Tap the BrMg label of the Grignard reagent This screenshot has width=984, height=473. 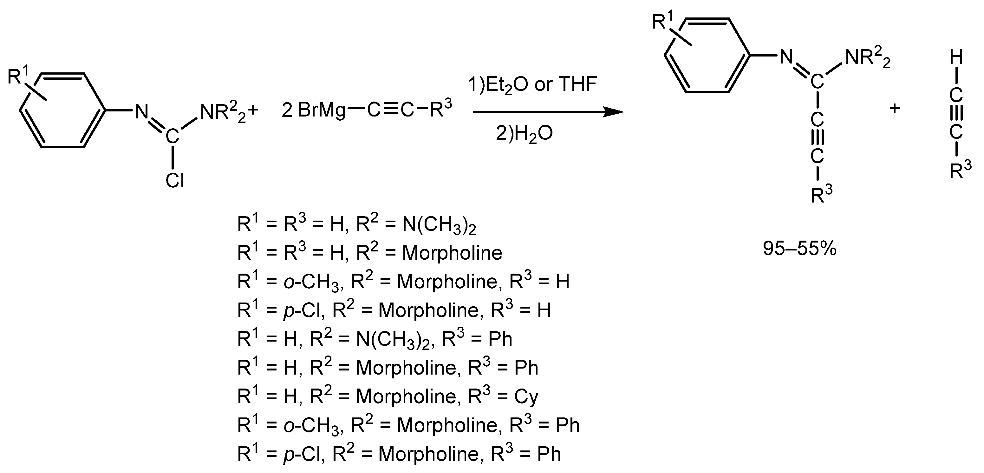pos(322,110)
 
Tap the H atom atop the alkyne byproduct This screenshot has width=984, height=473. pos(956,58)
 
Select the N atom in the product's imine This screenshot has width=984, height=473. pos(786,57)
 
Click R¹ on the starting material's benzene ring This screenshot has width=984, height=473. pos(17,76)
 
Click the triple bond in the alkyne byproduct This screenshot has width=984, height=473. pos(956,114)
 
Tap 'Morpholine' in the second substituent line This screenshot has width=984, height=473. pos(452,253)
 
